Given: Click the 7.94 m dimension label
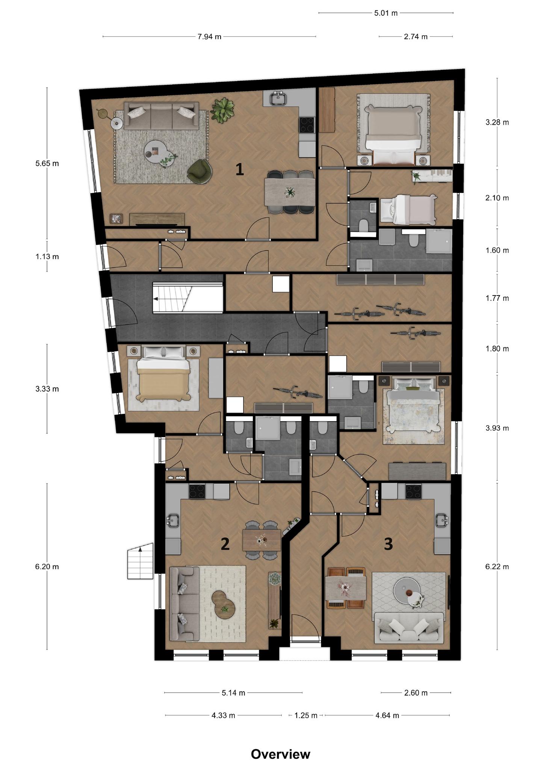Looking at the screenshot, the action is coord(210,36).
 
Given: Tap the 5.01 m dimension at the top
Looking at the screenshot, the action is coord(386,13).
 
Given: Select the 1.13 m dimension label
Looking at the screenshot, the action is coord(47,257).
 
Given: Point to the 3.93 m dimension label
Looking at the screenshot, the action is coord(497,428).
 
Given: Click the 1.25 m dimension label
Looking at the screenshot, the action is coord(306,715).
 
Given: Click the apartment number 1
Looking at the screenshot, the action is coord(240,170).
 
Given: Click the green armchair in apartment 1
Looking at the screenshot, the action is coord(200,172).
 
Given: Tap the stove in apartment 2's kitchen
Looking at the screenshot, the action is coord(197,492).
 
